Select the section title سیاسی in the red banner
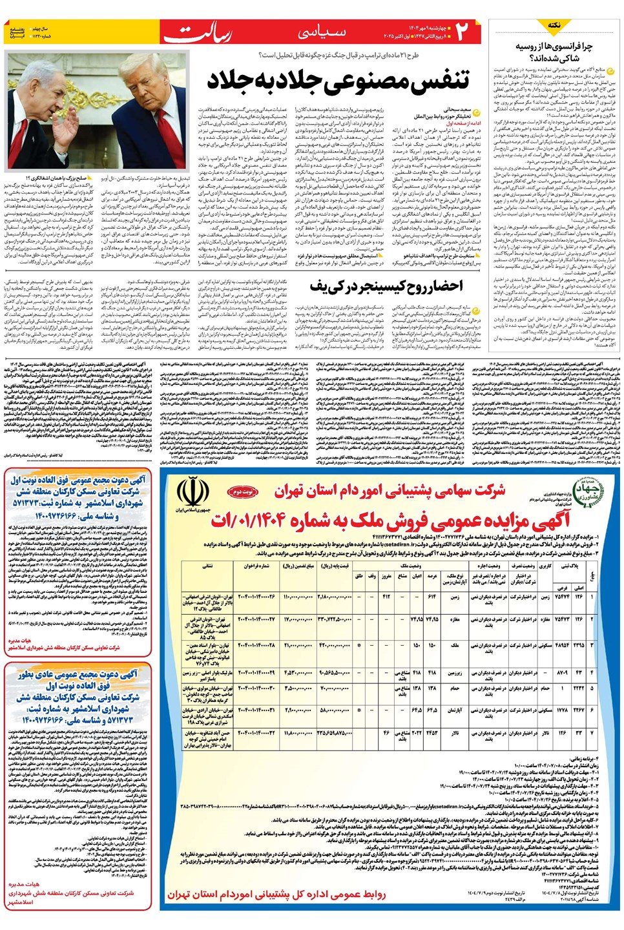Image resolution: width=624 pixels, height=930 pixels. tap(322, 31)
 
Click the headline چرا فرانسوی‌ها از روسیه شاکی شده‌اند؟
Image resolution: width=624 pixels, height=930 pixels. tap(554, 52)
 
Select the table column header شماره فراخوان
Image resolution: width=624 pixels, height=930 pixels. tap(256, 566)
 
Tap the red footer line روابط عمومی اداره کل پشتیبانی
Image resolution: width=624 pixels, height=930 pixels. tap(276, 894)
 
